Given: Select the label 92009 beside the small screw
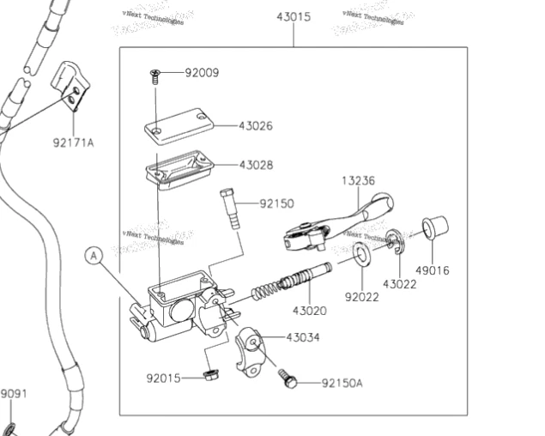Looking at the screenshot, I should pos(202,73).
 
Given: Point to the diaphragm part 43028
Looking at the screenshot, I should pos(177,165).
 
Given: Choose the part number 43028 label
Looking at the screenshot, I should pos(256,165).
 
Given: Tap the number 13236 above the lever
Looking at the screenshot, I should pos(358,181).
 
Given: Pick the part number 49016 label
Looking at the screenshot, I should pos(432,271).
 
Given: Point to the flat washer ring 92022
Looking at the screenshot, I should pos(361,255).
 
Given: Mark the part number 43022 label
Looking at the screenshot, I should pos(400,284).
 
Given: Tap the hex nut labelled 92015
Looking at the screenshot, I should pos(210,375).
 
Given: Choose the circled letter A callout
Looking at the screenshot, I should pos(93,254).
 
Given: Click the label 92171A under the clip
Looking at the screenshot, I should pos(73,142).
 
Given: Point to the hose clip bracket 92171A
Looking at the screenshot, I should pos(71,87).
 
